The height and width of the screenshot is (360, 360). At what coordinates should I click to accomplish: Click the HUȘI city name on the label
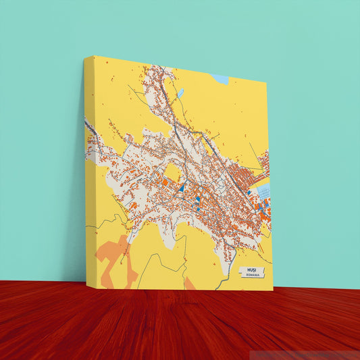pyautogui.click(x=253, y=269)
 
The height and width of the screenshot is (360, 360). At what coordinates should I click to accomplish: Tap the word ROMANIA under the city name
pyautogui.click(x=253, y=276)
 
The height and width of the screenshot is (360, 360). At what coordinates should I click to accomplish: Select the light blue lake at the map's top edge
pyautogui.click(x=221, y=79)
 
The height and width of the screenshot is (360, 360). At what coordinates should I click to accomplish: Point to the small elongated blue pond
pyautogui.click(x=180, y=93)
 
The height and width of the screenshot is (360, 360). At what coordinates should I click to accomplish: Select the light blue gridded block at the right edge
pyautogui.click(x=263, y=192)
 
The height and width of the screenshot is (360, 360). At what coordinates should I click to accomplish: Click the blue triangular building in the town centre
pyautogui.click(x=181, y=188)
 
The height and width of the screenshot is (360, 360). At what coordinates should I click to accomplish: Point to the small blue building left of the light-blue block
pyautogui.click(x=249, y=192)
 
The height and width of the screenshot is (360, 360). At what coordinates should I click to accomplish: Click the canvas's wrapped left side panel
pyautogui.click(x=89, y=169)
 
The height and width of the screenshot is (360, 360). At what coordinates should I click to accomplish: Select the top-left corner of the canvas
pyautogui.click(x=85, y=57)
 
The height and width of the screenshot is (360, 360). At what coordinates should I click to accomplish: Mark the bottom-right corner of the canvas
pyautogui.click(x=273, y=290)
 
